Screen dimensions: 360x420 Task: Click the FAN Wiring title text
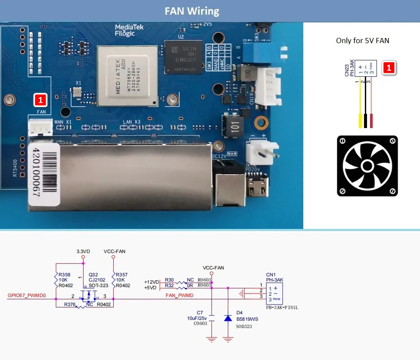point(192,11)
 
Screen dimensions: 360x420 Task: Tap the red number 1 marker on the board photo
point(40,100)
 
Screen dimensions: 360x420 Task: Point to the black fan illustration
point(367,166)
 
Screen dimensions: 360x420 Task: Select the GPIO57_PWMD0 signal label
point(26,296)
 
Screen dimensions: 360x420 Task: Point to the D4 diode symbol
point(227,318)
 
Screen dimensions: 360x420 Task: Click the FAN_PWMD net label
point(180,295)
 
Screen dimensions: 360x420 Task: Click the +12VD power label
point(152,281)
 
